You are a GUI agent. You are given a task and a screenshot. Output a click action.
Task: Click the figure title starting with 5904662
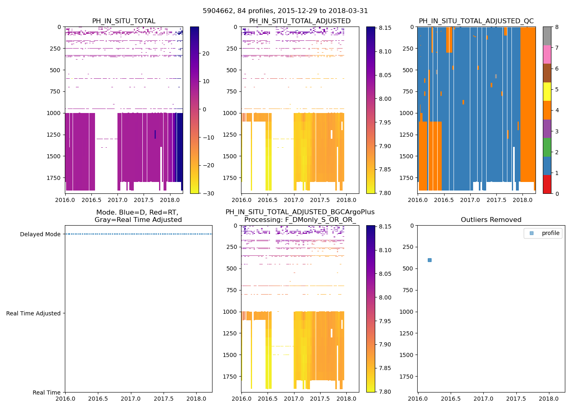pyautogui.click(x=285, y=11)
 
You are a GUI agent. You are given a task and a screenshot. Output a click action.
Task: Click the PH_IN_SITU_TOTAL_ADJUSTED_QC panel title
pyautogui.click(x=476, y=21)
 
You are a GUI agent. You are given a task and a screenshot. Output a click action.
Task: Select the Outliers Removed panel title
pyautogui.click(x=491, y=220)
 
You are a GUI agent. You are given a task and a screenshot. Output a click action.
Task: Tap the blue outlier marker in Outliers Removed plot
pyautogui.click(x=429, y=260)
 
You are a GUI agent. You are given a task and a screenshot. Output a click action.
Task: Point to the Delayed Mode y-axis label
pyautogui.click(x=40, y=234)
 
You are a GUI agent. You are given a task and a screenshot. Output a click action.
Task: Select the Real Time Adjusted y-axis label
pyautogui.click(x=33, y=313)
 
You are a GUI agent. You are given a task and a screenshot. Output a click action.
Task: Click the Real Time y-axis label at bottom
pyautogui.click(x=46, y=392)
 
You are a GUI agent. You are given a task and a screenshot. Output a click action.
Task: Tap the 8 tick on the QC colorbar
pyautogui.click(x=557, y=27)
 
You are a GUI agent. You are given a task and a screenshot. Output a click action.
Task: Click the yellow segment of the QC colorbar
pyautogui.click(x=547, y=92)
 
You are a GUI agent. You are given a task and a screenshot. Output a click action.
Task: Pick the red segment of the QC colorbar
pyautogui.click(x=547, y=184)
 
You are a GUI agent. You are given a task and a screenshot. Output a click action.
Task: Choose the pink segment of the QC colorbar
pyautogui.click(x=547, y=54)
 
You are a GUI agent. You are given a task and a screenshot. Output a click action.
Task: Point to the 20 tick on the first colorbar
pyautogui.click(x=206, y=53)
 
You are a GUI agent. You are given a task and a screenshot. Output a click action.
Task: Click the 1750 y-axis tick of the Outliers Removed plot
pyautogui.click(x=407, y=377)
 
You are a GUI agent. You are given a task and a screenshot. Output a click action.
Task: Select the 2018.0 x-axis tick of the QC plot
pyautogui.click(x=522, y=200)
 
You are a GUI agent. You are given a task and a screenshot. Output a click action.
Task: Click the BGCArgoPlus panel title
pyautogui.click(x=300, y=216)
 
